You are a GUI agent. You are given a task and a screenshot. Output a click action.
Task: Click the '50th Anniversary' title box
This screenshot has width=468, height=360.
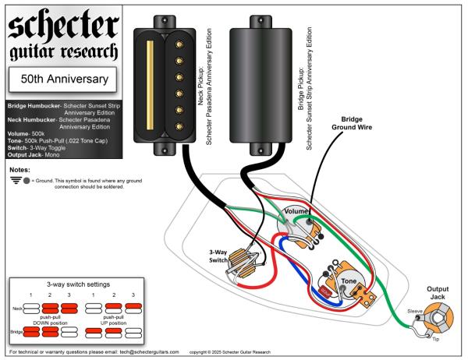[62, 78]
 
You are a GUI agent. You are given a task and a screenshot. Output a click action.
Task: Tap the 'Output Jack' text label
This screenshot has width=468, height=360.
[441, 292]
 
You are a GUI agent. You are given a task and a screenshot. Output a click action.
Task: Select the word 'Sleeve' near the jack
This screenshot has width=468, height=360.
[415, 310]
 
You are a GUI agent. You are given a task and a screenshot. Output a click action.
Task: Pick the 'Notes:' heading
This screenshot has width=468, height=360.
[19, 169]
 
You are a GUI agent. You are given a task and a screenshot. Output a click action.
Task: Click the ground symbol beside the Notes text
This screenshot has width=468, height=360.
[17, 182]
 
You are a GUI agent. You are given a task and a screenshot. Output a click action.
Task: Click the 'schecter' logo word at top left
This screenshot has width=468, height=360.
[62, 25]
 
